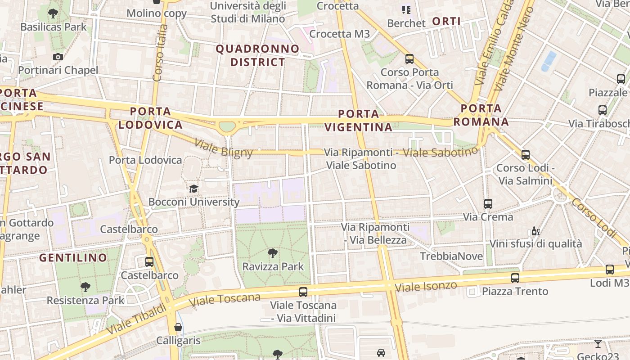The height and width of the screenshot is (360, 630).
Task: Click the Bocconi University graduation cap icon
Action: pyautogui.click(x=193, y=189)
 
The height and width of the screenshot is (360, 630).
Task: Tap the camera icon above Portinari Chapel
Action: pyautogui.click(x=58, y=57)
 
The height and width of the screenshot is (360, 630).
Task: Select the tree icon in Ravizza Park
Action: pyautogui.click(x=272, y=253)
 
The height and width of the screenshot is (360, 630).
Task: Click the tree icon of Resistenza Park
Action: pyautogui.click(x=85, y=287)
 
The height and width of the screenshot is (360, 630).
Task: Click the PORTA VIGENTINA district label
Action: pyautogui.click(x=358, y=120)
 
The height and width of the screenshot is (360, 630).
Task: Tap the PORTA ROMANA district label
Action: pyautogui.click(x=481, y=115)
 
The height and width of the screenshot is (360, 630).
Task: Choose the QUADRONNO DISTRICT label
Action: pyautogui.click(x=258, y=55)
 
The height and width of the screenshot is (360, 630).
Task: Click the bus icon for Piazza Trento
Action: pyautogui.click(x=515, y=278)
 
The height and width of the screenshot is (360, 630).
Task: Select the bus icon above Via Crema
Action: pyautogui.click(x=488, y=203)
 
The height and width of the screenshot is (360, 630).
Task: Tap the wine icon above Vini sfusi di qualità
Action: pyautogui.click(x=535, y=231)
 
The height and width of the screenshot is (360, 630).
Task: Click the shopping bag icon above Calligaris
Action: pyautogui.click(x=178, y=327)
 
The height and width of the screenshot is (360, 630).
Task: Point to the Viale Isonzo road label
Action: pyautogui.click(x=426, y=286)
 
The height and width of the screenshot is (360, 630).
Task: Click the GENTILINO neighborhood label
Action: pyautogui.click(x=73, y=258)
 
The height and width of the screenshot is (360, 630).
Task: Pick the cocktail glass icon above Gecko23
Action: pyautogui.click(x=598, y=344)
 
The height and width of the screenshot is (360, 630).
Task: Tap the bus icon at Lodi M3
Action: pyautogui.click(x=609, y=270)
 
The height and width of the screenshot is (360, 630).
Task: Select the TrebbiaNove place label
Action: pyautogui.click(x=451, y=256)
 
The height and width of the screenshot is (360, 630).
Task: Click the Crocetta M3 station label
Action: pyautogui.click(x=340, y=34)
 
